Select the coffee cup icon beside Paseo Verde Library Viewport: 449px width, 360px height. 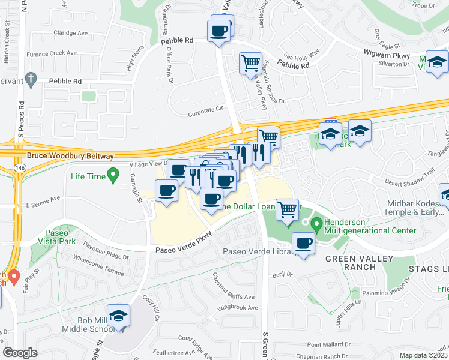click(x=304, y=244)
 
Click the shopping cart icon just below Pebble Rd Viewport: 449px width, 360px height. click(x=250, y=64)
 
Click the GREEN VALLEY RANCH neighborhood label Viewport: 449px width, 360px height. click(x=359, y=263)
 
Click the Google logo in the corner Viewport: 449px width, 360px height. click(x=20, y=353)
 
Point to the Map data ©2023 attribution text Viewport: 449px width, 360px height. click(x=424, y=355)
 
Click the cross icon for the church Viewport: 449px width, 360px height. click(x=31, y=79)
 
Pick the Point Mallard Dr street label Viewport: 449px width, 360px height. click(x=328, y=344)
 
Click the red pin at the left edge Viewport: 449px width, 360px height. click(x=13, y=277)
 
